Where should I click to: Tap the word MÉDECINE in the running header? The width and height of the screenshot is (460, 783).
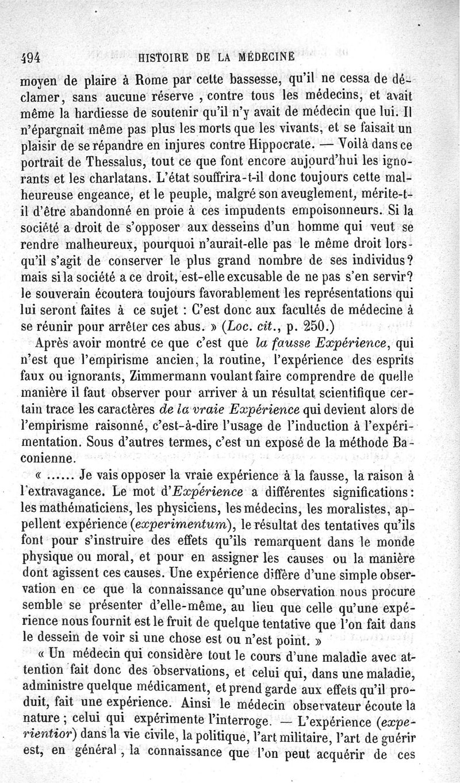click(x=267, y=57)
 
